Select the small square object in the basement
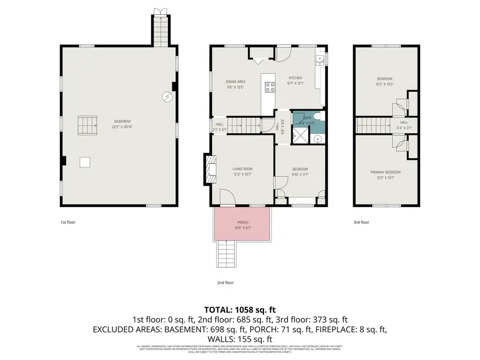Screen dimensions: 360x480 (x=85, y=162)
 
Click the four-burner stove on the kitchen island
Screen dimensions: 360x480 (x=269, y=87)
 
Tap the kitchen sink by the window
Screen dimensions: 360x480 (x=321, y=60)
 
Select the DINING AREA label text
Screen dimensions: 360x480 (x=235, y=82)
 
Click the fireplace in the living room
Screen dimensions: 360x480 (x=211, y=169)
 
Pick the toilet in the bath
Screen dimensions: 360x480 (x=316, y=117)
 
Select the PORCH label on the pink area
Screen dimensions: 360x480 (x=243, y=222)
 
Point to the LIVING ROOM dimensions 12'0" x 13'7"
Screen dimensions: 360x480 (x=242, y=174)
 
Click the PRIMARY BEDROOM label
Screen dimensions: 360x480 (x=386, y=172)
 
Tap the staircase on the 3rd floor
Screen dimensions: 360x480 (x=373, y=126)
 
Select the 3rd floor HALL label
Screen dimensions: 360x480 (x=404, y=123)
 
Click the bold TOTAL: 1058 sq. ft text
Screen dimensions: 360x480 (x=239, y=309)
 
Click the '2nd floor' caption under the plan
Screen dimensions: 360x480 (x=226, y=283)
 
